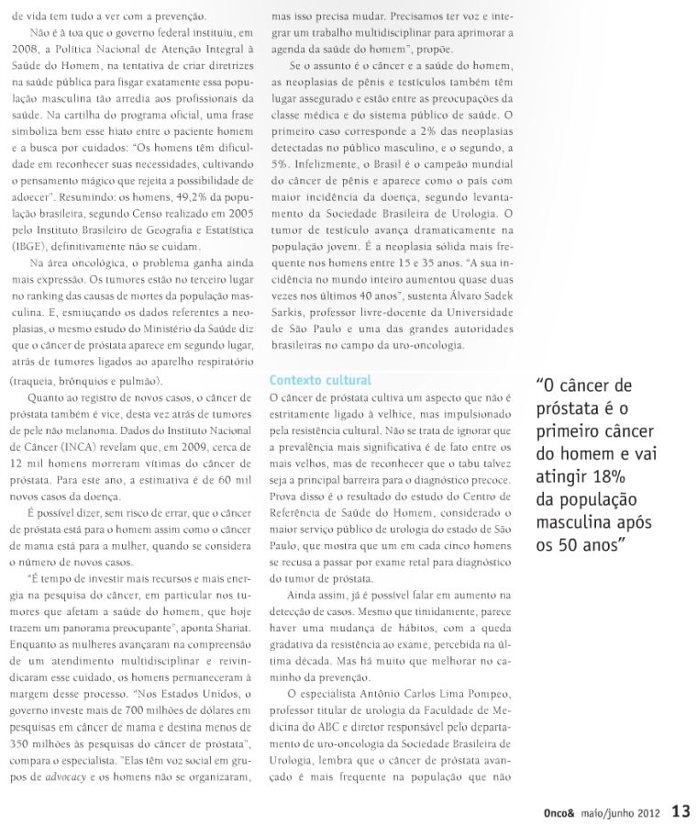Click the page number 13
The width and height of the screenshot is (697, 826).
(x=680, y=810)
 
